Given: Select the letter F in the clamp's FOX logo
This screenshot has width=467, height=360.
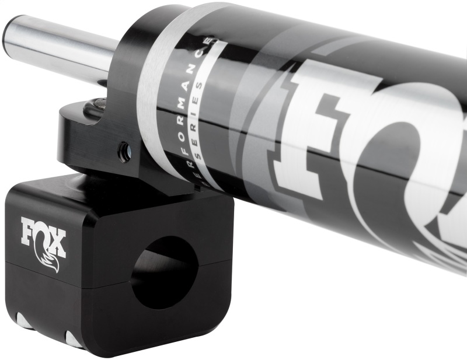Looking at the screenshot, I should pyautogui.click(x=29, y=230).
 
